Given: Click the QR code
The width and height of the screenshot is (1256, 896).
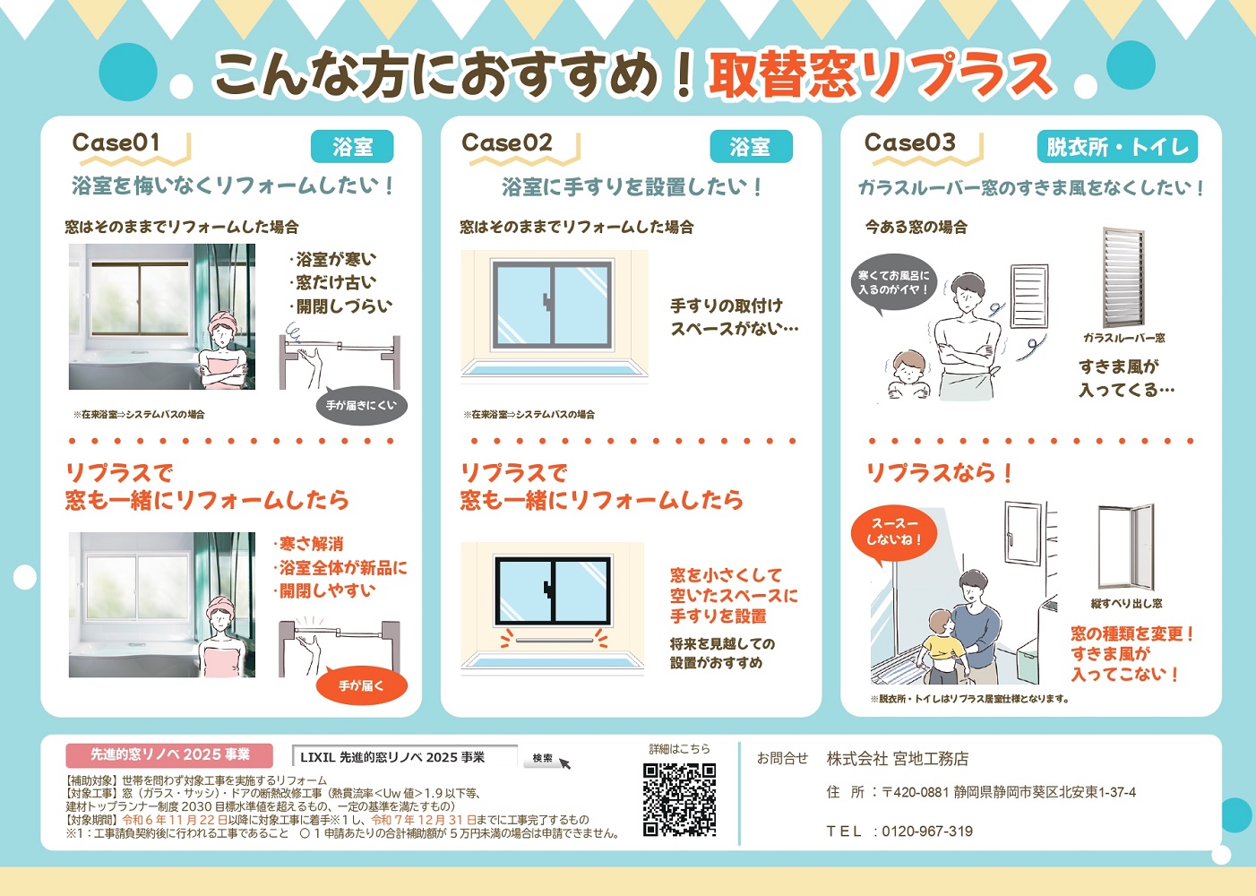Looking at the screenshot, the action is coord(679,799).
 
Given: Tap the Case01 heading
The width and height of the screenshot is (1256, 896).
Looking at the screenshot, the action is coord(116,142).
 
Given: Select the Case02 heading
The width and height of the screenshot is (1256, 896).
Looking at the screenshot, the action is coord(507,142).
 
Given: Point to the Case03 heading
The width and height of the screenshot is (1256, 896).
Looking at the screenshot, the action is coord(909,142).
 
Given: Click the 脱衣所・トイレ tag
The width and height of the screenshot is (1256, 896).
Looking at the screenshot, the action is coord(1117,147).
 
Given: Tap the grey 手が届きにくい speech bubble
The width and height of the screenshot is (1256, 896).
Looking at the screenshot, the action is coord(362,405).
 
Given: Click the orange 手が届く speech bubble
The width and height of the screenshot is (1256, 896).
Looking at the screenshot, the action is coord(362,685).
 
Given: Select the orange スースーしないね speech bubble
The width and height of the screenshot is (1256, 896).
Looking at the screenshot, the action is coord(894,532).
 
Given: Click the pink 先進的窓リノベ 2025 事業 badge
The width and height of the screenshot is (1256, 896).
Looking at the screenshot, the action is coord(169,755).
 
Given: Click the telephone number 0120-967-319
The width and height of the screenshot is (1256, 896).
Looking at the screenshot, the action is coord(927,831).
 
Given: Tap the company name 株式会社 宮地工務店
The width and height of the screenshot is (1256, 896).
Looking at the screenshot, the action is coord(897,759).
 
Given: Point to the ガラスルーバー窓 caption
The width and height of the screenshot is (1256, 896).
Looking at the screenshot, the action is coord(1124,338).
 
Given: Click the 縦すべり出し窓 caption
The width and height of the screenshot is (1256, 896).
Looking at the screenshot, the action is coord(1126,603).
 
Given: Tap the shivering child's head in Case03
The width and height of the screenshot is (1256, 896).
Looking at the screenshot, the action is coord(908,366).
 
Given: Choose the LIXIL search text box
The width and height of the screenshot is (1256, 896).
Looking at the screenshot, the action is coord(405,757).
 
